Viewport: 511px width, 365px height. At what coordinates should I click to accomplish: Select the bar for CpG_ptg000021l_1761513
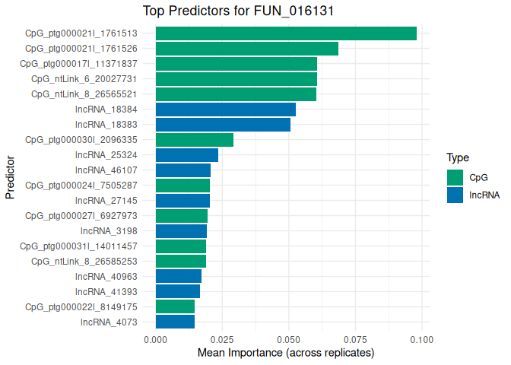tap(286, 33)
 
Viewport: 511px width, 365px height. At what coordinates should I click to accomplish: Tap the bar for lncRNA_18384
tap(225, 109)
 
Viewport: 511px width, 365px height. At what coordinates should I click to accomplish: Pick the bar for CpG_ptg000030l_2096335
tap(194, 140)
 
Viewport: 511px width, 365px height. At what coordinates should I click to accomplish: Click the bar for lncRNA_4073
tap(175, 322)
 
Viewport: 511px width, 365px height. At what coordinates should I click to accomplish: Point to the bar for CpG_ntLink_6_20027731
tap(236, 79)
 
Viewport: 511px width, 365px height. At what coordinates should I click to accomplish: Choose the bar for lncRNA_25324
tap(186, 155)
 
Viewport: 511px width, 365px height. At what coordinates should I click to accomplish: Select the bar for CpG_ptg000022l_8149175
tap(175, 306)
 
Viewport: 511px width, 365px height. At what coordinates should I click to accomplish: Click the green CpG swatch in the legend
tap(455, 177)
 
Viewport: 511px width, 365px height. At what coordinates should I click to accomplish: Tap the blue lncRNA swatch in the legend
tap(455, 195)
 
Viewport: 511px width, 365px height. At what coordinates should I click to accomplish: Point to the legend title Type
tap(457, 158)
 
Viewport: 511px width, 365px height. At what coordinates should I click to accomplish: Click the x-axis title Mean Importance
tap(286, 354)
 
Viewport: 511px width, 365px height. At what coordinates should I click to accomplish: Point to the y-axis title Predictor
tap(11, 178)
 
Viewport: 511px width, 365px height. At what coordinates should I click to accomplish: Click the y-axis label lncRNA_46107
tap(106, 170)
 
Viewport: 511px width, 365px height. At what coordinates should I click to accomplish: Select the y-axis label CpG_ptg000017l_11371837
tap(78, 64)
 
